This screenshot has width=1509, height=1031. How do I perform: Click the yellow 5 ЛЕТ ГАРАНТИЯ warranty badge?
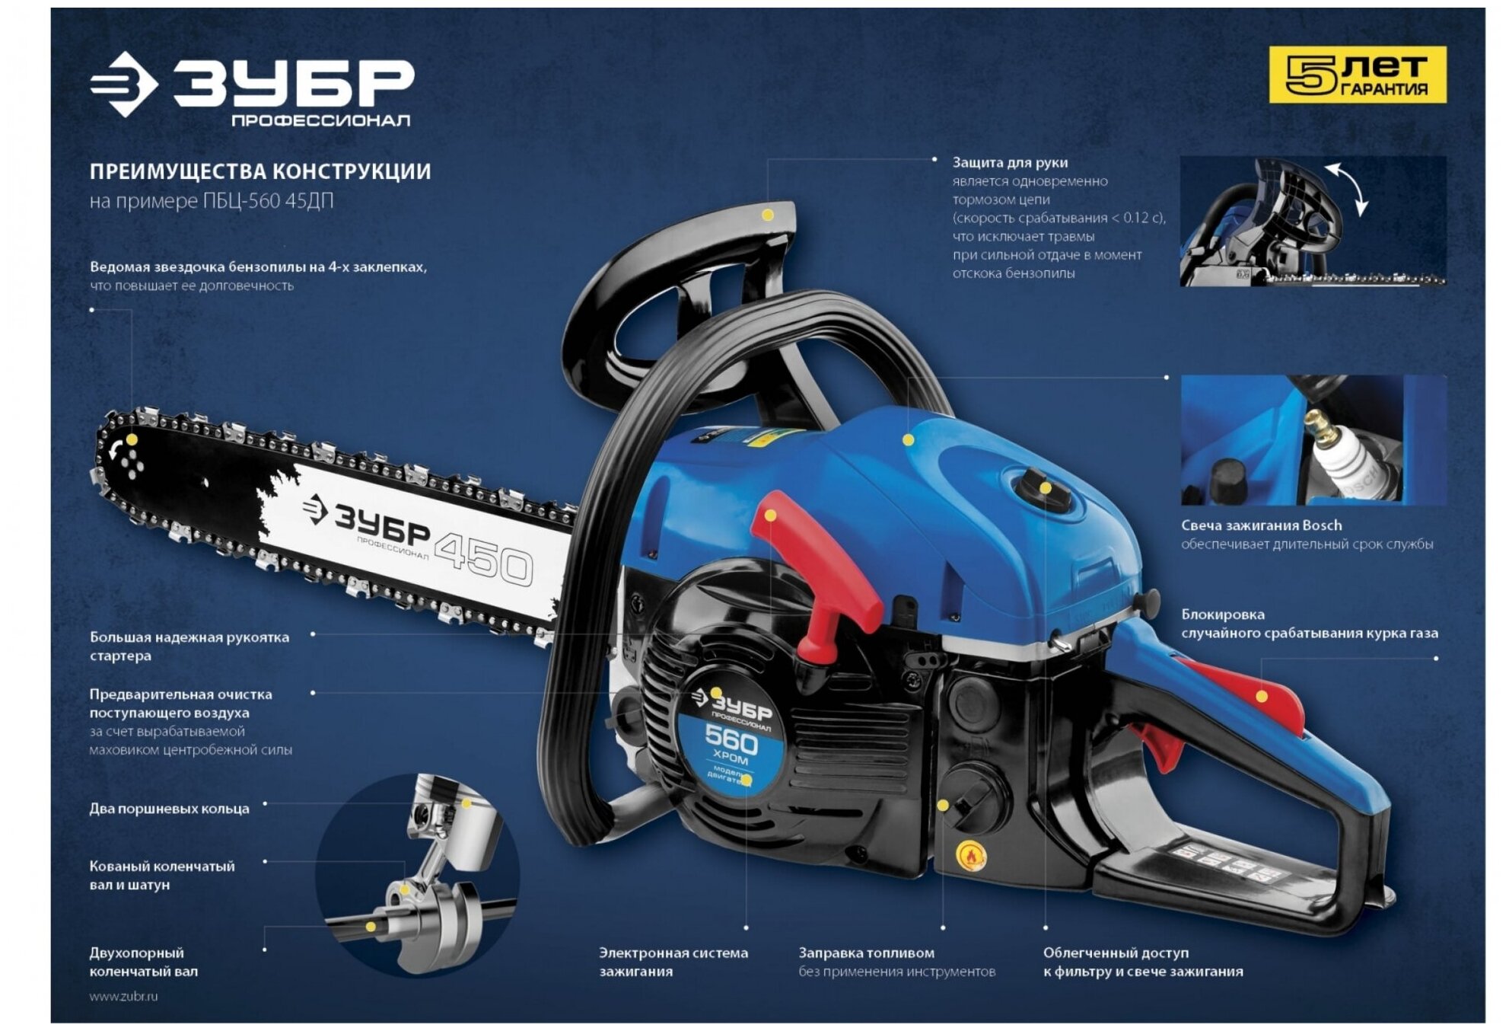tap(1357, 75)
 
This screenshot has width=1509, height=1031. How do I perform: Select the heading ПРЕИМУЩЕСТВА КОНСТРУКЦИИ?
tap(260, 171)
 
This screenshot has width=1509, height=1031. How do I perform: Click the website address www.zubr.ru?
tap(123, 996)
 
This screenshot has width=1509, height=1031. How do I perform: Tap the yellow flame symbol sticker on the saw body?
tap(971, 856)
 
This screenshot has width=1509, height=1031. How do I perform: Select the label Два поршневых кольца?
tap(169, 809)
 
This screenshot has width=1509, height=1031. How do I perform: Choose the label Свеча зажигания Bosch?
tap(1261, 525)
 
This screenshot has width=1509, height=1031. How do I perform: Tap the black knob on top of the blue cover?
tap(1043, 489)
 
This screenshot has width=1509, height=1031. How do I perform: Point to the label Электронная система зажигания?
tap(673, 962)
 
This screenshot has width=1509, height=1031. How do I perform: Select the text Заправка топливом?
tap(866, 953)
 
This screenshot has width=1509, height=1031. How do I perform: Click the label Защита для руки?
tap(1010, 162)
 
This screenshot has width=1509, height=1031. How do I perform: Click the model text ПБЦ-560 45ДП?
tap(268, 201)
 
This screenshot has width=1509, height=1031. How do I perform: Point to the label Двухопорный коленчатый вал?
tap(143, 962)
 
